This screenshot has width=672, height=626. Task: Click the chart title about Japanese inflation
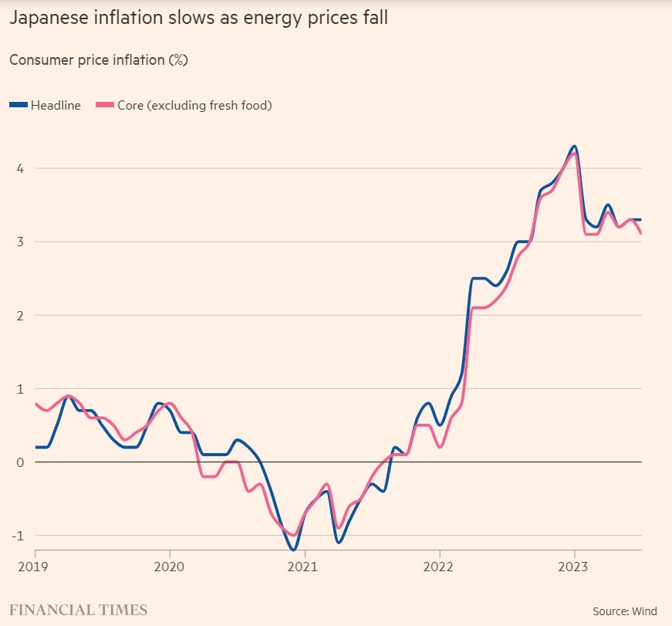tap(198, 18)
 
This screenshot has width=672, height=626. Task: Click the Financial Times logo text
tap(78, 610)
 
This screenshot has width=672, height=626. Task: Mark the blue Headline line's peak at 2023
tap(574, 146)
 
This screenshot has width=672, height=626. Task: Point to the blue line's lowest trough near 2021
tap(293, 550)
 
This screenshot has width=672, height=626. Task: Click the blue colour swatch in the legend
tap(19, 105)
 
